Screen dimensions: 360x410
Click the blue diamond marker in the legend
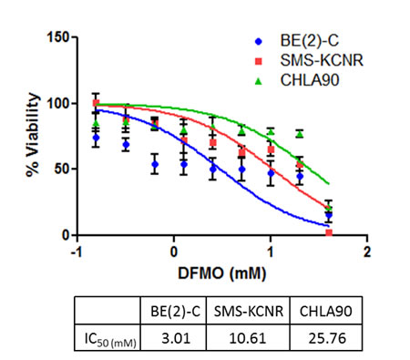point(259,41)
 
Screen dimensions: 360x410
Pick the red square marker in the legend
point(259,60)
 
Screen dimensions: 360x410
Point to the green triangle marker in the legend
point(259,79)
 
